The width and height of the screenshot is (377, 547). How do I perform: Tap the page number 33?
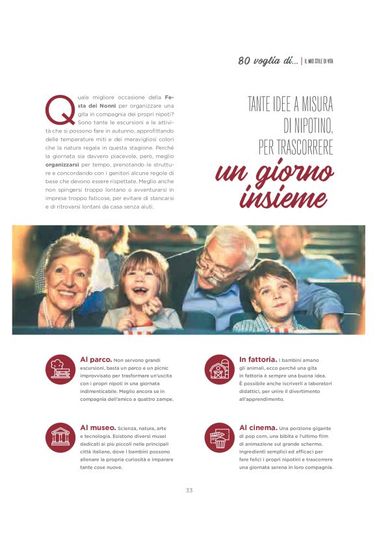[x=188, y=490]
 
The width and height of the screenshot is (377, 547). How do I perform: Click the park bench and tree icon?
[x=60, y=369]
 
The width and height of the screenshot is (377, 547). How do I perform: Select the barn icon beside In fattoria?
[x=219, y=369]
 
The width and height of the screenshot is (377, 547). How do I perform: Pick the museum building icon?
[x=60, y=437]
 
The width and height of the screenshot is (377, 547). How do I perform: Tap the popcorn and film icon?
[x=219, y=437]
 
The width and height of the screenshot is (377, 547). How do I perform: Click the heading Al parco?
[x=95, y=359]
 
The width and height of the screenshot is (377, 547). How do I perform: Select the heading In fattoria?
[x=257, y=359]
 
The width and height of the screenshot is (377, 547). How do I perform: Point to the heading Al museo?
[x=97, y=427]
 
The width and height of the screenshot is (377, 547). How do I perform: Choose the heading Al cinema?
[x=257, y=427]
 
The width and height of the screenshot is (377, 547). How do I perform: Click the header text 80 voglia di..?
[x=267, y=61]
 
